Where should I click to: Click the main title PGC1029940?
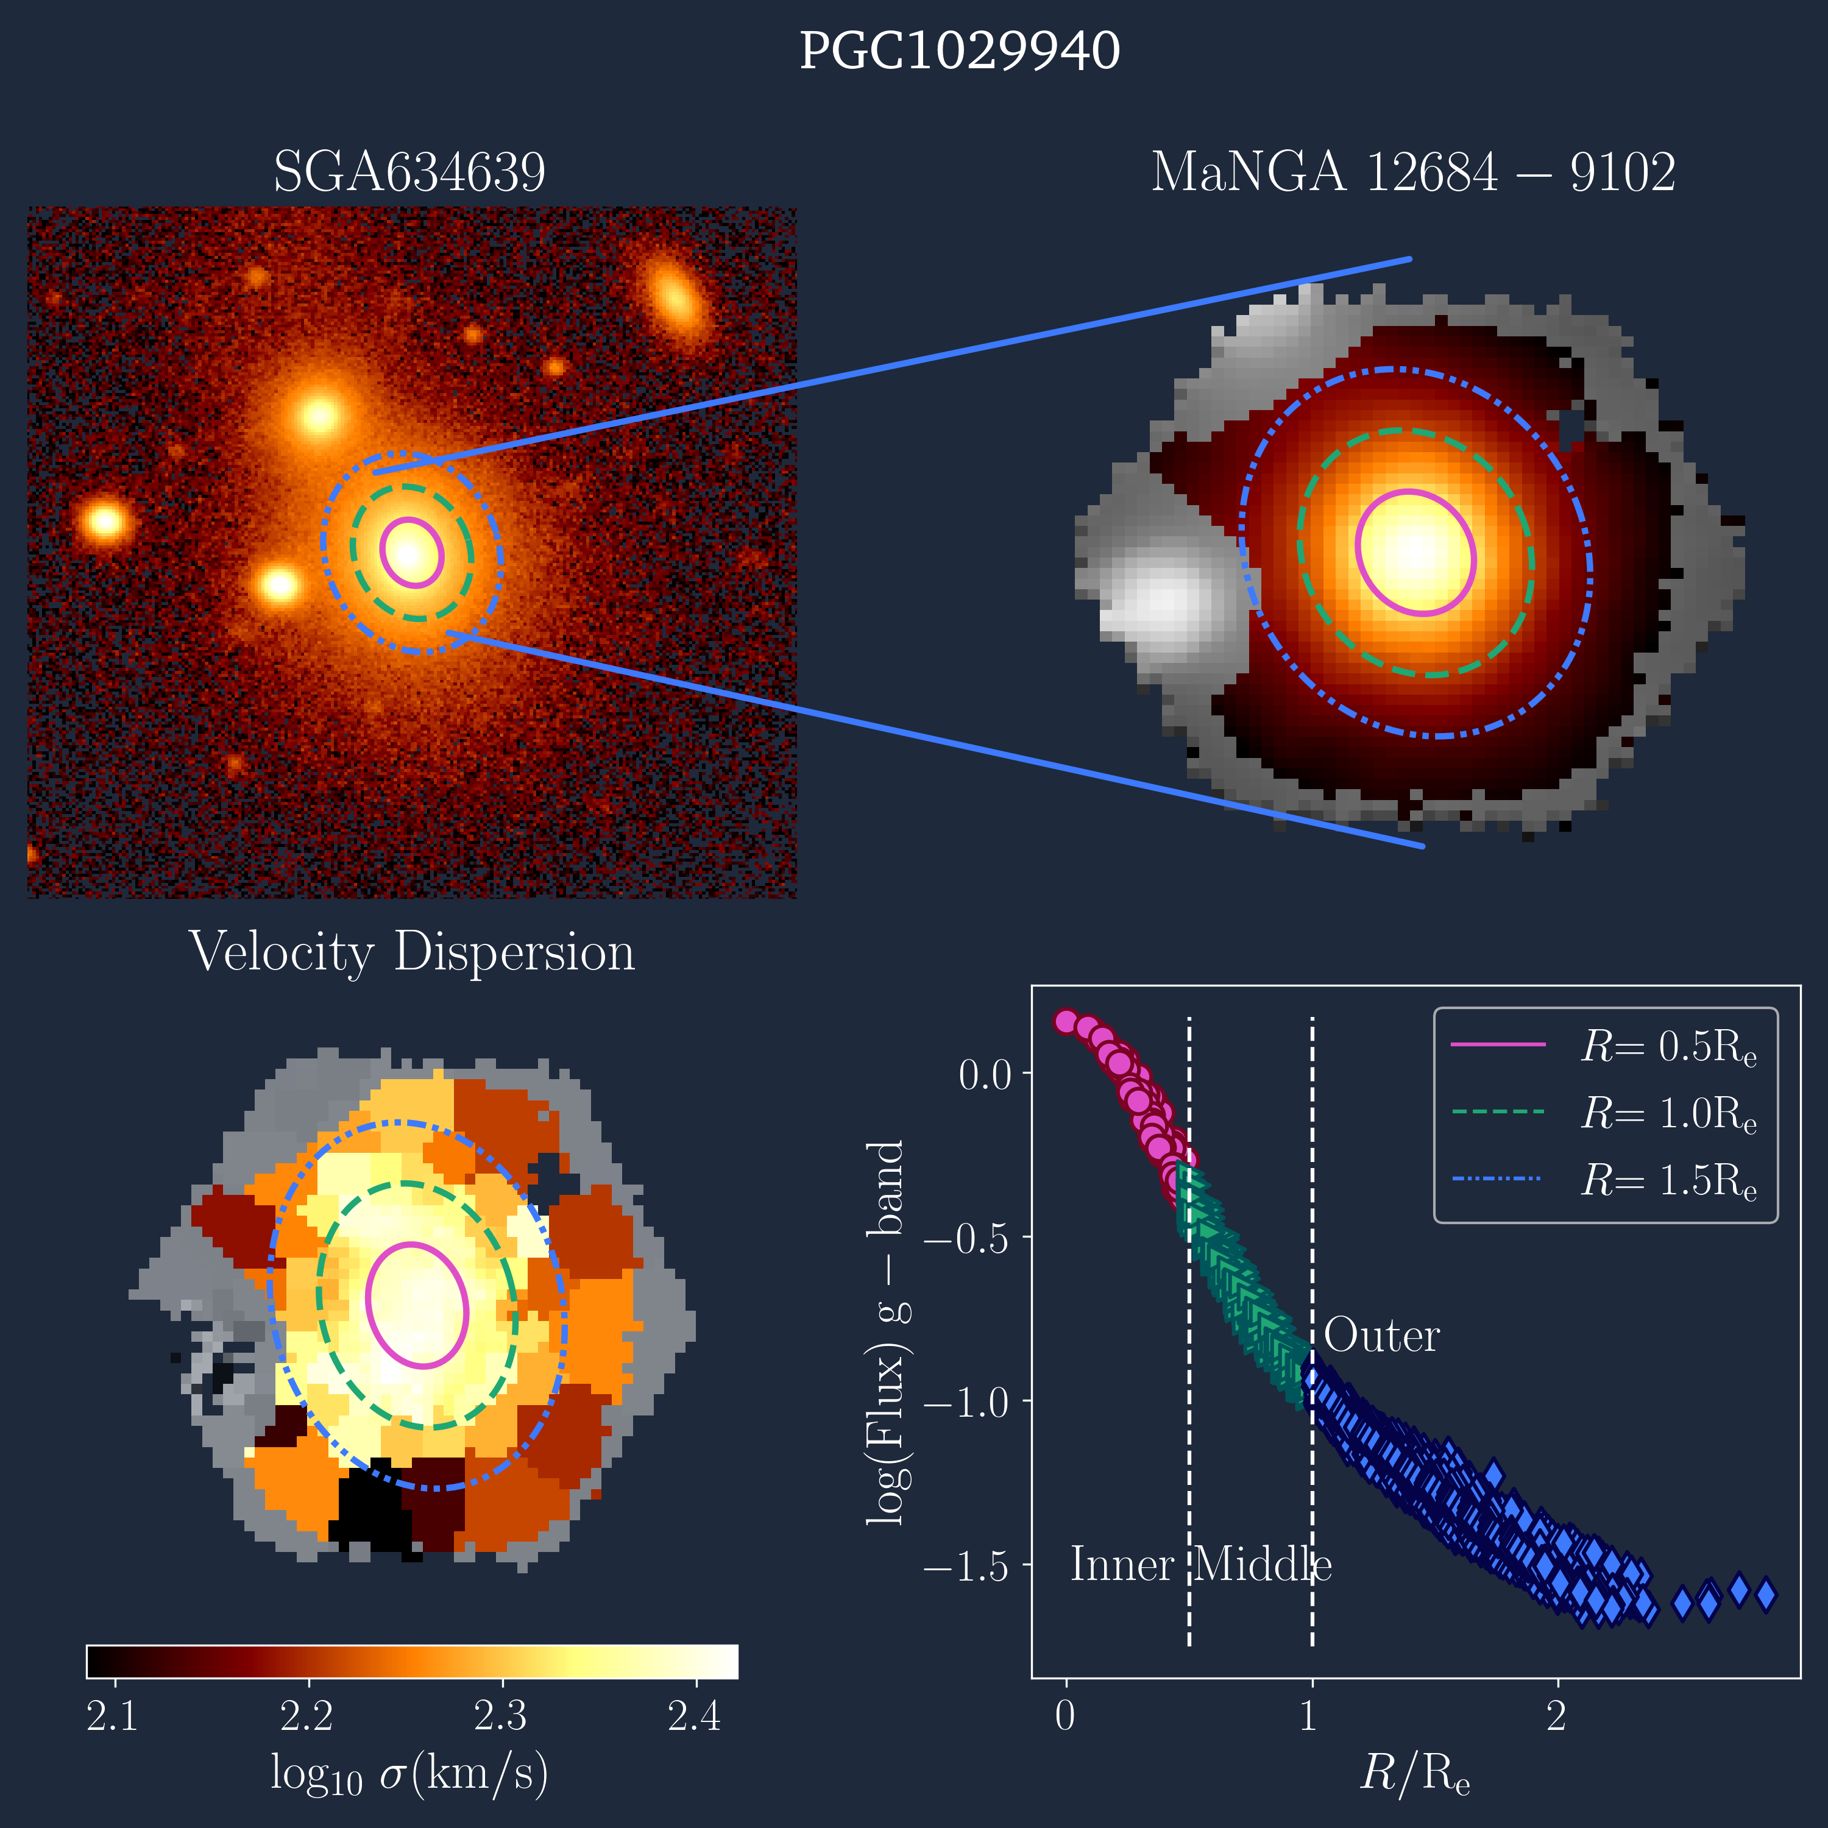coord(960,51)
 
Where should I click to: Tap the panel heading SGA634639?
coord(409,172)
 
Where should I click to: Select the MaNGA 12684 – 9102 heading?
coord(1412,172)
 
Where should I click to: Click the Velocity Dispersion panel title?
coord(411,952)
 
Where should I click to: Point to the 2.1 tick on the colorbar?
coord(113,1715)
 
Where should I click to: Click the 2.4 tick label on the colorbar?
coord(695,1715)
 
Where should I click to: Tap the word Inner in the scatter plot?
coord(1122,1565)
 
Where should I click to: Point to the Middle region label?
coord(1262,1565)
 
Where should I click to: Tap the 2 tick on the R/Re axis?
coord(1556,1715)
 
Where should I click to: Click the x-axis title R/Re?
coord(1414,1772)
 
